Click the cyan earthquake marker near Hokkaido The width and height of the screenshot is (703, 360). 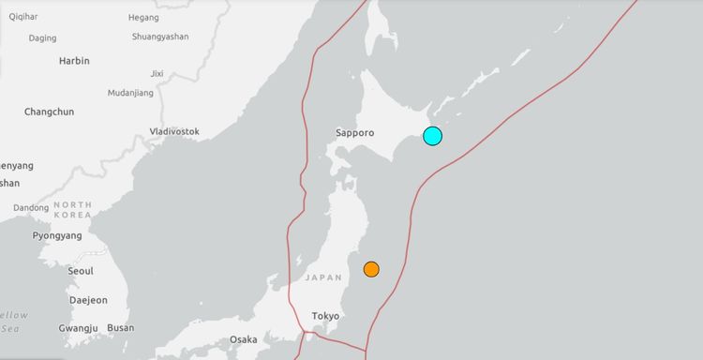432,136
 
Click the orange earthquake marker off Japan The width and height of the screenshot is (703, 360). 371,269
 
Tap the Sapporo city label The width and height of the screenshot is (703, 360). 355,133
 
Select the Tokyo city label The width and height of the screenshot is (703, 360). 325,316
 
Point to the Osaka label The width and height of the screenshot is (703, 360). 243,339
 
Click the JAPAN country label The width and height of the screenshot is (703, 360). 323,277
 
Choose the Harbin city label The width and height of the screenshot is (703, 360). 74,61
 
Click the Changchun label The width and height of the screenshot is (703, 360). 50,112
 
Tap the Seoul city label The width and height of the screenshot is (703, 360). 81,271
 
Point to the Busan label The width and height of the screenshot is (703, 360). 120,328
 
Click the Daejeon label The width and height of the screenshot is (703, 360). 88,300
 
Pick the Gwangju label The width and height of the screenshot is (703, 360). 79,328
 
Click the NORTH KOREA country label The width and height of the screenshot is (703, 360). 72,209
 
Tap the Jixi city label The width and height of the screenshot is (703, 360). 157,73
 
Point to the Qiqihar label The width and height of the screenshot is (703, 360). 25,17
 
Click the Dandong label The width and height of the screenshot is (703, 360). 31,208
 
